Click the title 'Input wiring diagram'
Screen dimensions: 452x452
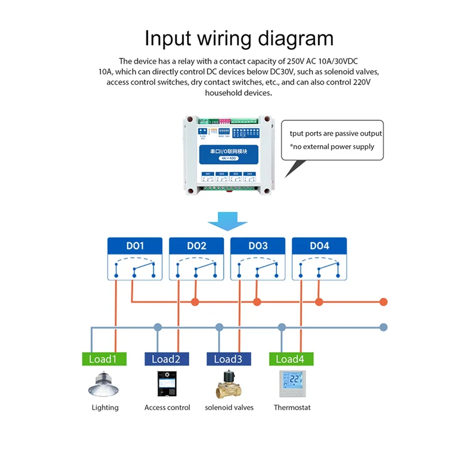(239, 38)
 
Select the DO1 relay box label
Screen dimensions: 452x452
(134, 246)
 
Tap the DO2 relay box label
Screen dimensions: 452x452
(197, 246)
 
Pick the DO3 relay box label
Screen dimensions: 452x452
(258, 246)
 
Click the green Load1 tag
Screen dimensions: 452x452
(102, 359)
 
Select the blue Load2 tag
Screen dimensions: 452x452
(166, 359)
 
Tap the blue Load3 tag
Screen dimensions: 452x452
(228, 359)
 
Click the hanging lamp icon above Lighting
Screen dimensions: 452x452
(105, 384)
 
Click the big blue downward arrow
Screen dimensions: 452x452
(228, 221)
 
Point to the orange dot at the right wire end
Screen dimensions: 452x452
(384, 302)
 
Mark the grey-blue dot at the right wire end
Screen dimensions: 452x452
(384, 327)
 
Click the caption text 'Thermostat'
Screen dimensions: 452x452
(292, 407)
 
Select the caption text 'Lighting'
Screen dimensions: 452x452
(105, 407)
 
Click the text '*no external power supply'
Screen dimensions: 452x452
(332, 147)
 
